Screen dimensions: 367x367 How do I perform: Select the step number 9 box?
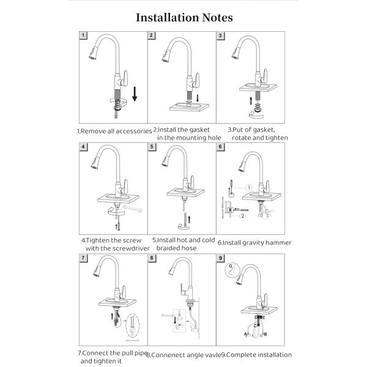pos(220,258)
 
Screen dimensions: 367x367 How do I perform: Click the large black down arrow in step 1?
pos(135,97)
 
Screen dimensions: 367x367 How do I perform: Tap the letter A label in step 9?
pos(245,335)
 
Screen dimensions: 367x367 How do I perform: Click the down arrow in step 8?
pos(177,318)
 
